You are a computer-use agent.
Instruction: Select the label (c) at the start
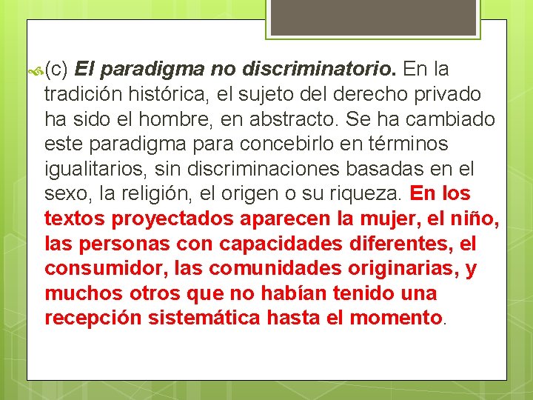(x=57, y=70)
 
